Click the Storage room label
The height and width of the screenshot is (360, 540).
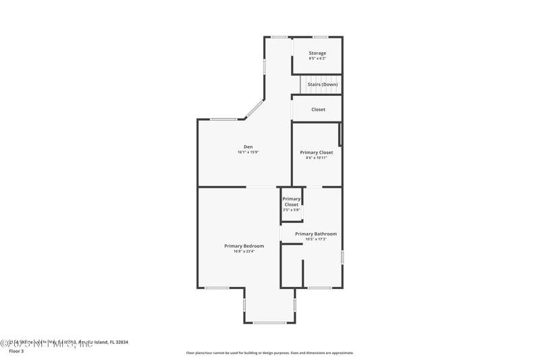pos(317,53)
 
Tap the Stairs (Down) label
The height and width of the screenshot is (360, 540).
pos(322,84)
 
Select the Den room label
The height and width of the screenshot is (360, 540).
pos(248,147)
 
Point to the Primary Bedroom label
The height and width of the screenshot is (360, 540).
pos(244,246)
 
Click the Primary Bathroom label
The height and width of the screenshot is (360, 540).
pos(315,234)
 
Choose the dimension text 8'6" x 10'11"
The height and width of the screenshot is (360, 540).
pos(317,158)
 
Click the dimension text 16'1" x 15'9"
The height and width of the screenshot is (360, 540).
pos(248,152)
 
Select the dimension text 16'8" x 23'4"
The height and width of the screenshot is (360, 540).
pos(244,251)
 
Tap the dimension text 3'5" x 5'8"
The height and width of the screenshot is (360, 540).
pos(291,210)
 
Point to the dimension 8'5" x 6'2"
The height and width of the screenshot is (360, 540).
pos(317,58)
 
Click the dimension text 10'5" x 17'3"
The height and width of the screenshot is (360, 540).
pos(315,239)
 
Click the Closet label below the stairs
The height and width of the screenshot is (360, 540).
pos(318,109)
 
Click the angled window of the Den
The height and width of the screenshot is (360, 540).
pos(254,109)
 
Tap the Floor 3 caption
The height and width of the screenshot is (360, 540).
pos(16,351)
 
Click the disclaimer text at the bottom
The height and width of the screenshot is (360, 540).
pos(269,353)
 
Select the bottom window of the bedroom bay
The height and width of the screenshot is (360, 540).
pos(269,322)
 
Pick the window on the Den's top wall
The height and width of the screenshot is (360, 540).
pos(223,120)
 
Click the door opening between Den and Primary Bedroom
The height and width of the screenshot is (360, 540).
pos(261,187)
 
